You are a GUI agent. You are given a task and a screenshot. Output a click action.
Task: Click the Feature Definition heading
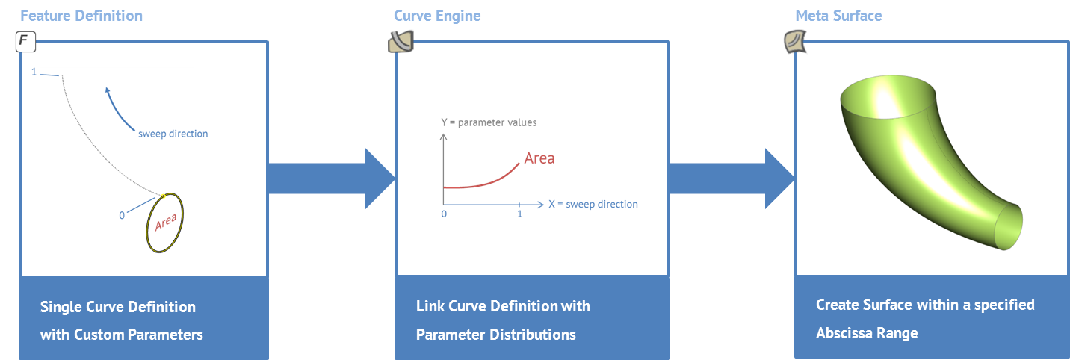point(81,16)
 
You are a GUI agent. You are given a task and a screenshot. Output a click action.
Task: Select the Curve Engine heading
point(437,16)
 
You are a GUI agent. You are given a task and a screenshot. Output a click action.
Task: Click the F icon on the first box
point(25,43)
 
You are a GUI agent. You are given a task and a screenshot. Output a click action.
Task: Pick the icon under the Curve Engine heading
point(400,43)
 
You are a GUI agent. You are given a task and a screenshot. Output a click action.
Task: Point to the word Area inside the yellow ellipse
point(165,223)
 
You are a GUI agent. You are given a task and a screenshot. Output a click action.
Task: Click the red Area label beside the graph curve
point(539,158)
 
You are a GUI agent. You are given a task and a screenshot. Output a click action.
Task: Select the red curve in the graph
point(486,182)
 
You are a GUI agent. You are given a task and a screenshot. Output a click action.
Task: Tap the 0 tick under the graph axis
point(444,214)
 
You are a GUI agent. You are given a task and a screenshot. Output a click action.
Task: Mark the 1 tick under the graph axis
point(519,214)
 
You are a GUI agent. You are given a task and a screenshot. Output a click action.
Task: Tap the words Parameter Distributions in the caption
point(496,335)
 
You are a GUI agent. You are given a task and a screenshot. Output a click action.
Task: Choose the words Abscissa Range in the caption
point(867,333)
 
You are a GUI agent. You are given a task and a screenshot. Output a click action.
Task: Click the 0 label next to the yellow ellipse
point(122,216)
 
